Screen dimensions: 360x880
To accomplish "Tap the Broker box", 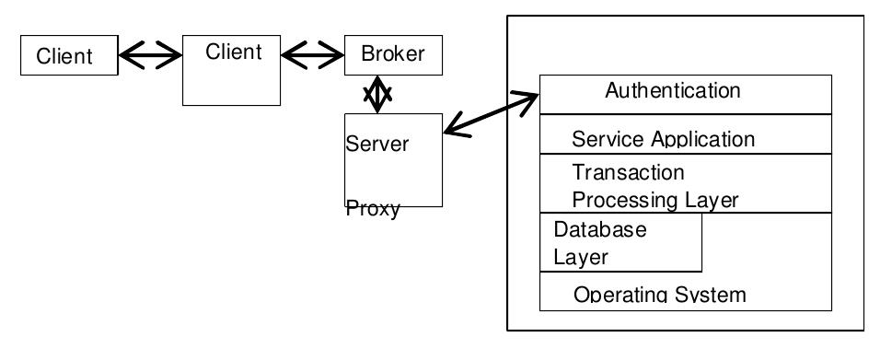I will click(393, 54).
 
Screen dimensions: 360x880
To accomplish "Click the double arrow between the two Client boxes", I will click(150, 57).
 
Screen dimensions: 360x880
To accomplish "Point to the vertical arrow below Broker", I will click(376, 95).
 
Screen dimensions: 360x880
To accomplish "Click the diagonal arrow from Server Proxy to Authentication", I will click(491, 115).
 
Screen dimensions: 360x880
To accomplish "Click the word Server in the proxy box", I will click(377, 145).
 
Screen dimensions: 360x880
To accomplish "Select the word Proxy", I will click(373, 209).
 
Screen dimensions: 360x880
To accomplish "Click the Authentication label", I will click(672, 90).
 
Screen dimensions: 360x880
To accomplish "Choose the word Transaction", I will click(628, 172).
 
